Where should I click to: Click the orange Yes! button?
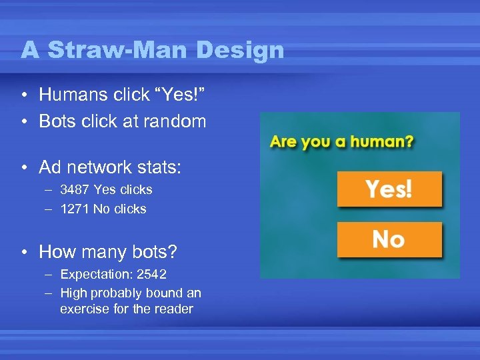389,189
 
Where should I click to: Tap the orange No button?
389,239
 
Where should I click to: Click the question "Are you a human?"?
341,142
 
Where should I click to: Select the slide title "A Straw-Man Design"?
152,50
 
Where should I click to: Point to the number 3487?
75,190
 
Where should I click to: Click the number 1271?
75,209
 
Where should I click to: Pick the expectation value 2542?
152,275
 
